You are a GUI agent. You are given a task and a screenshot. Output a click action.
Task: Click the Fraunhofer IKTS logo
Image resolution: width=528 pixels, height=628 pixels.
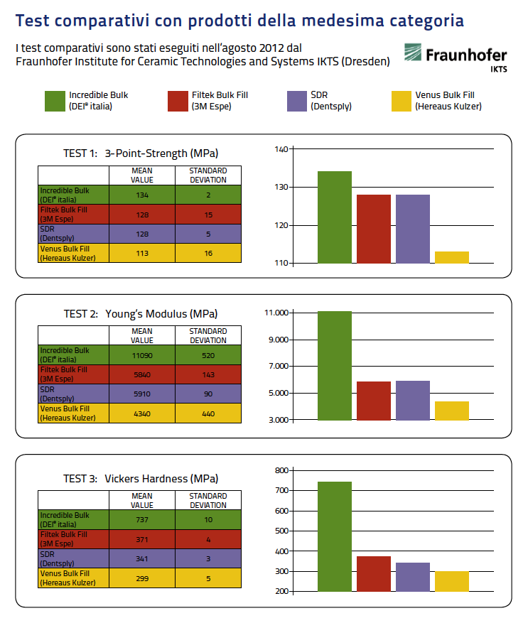click(x=456, y=58)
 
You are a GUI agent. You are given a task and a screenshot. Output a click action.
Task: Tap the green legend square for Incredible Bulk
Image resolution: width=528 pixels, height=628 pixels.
click(x=55, y=101)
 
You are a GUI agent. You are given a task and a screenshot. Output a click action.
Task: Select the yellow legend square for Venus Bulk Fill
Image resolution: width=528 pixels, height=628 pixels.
click(x=402, y=101)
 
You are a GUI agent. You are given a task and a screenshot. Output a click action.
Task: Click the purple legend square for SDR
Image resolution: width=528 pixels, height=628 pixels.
click(x=297, y=101)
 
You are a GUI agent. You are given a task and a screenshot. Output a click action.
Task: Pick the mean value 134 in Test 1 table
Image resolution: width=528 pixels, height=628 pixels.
click(x=142, y=195)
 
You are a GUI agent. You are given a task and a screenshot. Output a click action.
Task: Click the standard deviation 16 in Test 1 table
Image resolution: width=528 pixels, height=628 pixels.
click(x=208, y=253)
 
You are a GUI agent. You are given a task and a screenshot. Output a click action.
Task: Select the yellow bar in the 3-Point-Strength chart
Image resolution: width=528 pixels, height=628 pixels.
click(x=452, y=257)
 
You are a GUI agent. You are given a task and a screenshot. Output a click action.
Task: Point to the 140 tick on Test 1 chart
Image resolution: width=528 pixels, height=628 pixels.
click(x=281, y=149)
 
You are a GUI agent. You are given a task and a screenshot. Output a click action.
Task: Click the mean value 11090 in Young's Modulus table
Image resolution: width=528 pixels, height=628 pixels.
click(x=142, y=355)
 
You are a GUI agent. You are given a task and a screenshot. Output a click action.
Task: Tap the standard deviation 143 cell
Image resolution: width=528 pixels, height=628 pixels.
click(x=208, y=374)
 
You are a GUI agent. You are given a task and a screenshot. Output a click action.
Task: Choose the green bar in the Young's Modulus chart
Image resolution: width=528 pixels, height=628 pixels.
click(x=335, y=366)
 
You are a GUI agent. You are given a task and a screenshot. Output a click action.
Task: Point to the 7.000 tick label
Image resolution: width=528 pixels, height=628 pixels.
click(x=279, y=366)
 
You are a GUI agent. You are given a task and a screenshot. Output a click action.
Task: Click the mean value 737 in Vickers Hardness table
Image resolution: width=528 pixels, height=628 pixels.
click(x=142, y=520)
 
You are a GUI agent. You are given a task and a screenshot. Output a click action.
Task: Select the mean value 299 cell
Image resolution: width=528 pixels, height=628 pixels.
click(x=142, y=578)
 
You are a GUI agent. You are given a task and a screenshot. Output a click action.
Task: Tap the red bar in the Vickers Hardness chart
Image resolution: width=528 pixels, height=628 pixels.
click(x=374, y=573)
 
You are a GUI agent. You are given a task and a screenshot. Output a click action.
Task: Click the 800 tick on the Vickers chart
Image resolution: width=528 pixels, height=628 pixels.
click(x=281, y=470)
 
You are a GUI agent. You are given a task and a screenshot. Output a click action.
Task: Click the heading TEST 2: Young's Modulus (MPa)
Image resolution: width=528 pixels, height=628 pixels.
click(x=141, y=313)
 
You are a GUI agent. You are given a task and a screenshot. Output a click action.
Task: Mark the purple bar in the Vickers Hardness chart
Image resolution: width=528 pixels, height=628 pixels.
click(x=413, y=577)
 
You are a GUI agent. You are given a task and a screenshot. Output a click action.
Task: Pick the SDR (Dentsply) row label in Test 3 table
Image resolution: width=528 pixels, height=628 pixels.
click(x=58, y=558)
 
